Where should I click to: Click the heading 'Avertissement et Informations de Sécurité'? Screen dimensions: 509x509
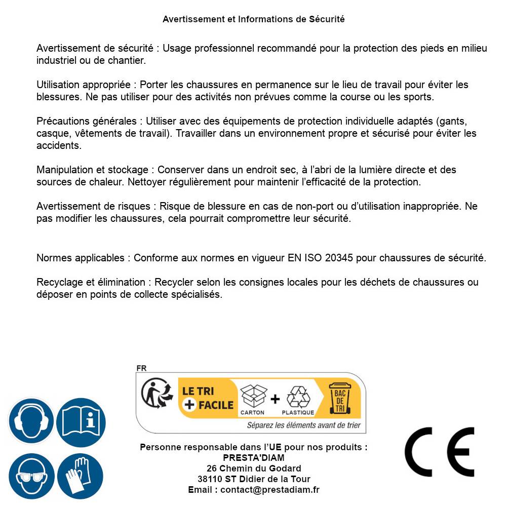coord(253,19)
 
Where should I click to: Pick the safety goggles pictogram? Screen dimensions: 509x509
coord(31,477)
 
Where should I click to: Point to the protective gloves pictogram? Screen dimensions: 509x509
coord(81,477)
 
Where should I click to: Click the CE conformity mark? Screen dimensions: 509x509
coord(439,452)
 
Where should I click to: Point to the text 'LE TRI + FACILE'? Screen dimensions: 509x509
coord(208,398)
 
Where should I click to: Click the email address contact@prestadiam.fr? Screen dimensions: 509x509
coord(270,490)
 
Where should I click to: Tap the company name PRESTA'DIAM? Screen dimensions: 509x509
coord(253,458)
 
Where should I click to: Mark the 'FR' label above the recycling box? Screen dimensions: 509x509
coord(141,368)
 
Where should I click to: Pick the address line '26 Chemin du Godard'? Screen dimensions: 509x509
coord(253,468)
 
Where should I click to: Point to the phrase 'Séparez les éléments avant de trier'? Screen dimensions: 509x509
coord(303,425)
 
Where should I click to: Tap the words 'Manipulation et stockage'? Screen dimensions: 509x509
coord(92,170)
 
